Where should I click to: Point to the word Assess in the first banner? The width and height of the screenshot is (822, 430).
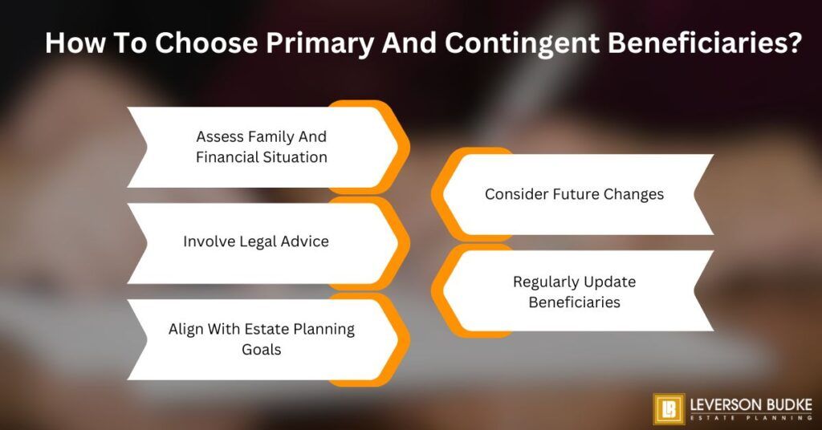[219, 136]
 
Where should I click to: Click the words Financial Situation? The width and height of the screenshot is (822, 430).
[262, 157]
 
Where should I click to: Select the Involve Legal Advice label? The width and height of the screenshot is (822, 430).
[256, 241]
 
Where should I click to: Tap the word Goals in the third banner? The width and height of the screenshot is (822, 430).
[261, 349]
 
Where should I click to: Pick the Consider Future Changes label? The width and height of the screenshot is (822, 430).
[574, 194]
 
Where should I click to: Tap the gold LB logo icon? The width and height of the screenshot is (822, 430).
[669, 408]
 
